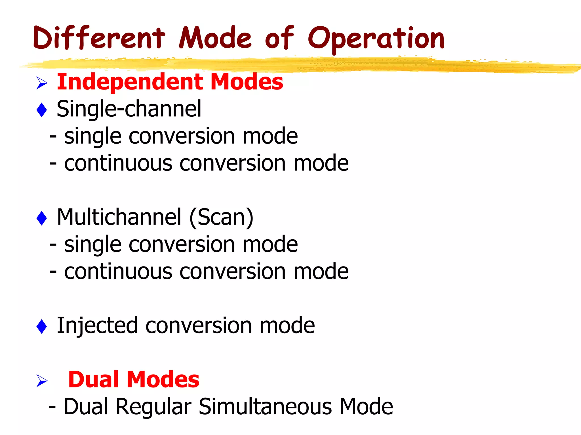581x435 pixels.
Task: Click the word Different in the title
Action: click(x=99, y=38)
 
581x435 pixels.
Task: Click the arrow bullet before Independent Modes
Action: click(x=42, y=83)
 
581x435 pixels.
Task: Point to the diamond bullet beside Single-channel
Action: click(x=42, y=110)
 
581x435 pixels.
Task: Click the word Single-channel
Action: click(x=129, y=109)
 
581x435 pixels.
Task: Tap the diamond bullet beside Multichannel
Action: click(x=42, y=218)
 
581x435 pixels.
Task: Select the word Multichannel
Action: click(x=119, y=217)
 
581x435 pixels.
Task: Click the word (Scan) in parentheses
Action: click(x=221, y=217)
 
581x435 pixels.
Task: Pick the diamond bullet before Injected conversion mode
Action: click(x=42, y=326)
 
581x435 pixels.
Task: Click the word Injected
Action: click(x=97, y=326)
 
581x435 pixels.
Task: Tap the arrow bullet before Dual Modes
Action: click(x=42, y=380)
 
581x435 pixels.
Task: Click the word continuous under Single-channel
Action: click(x=118, y=163)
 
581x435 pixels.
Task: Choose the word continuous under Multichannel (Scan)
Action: click(x=118, y=272)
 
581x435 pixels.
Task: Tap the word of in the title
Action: click(x=279, y=38)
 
